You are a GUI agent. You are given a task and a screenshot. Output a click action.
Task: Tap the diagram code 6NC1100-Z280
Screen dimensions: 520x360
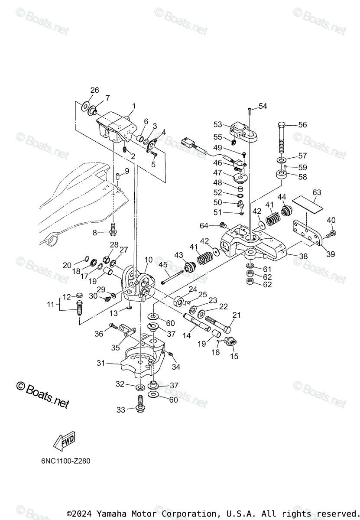[x=63, y=461]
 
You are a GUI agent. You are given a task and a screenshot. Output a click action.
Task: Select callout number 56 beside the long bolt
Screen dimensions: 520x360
[x=302, y=124]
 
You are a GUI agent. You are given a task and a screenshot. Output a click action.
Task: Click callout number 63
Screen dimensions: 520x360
[x=317, y=192]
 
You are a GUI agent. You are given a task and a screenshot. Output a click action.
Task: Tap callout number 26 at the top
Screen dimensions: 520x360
[x=94, y=90]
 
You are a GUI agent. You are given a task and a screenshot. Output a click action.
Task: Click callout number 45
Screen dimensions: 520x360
[x=163, y=264]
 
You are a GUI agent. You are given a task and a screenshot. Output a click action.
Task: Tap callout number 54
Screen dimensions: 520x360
[x=263, y=106]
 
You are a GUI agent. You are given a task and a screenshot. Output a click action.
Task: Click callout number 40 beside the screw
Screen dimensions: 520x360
[x=331, y=220]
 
